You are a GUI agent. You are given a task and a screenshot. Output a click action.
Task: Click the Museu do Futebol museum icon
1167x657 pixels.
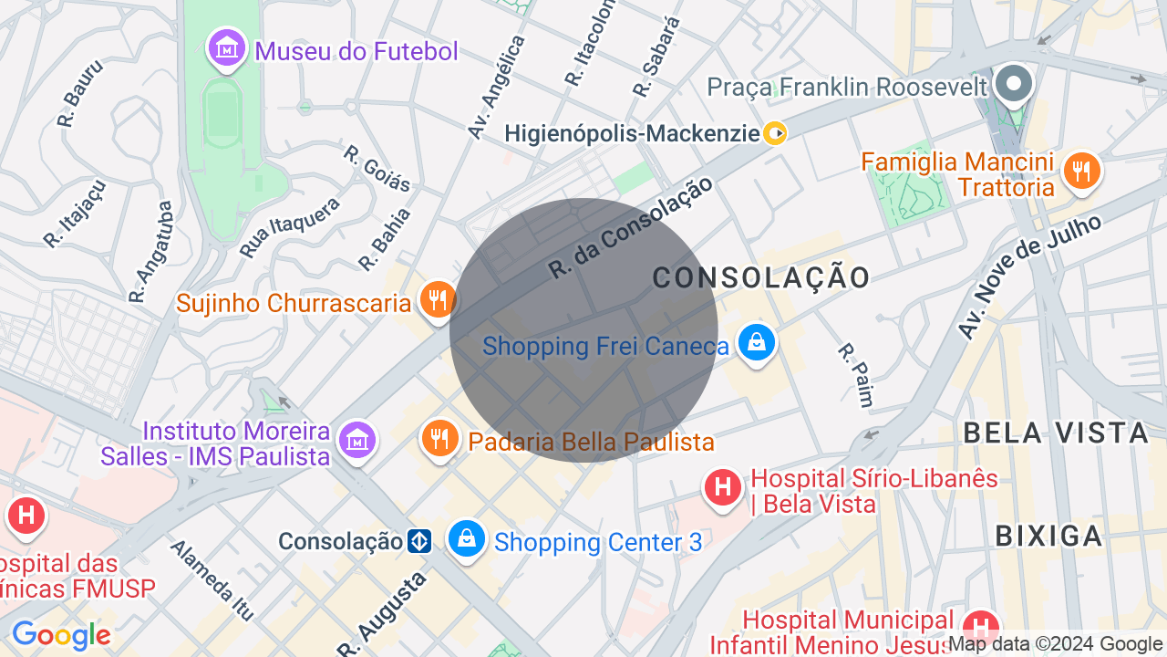click(227, 48)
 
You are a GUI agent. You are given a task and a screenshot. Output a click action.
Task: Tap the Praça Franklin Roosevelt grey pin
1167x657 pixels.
click(1013, 84)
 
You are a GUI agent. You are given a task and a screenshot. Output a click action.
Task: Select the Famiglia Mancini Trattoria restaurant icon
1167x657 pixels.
click(1081, 171)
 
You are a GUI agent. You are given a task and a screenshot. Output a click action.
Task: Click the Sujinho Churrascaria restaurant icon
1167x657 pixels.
click(439, 299)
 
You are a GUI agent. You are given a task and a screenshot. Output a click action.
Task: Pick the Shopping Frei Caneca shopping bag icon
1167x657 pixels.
click(756, 343)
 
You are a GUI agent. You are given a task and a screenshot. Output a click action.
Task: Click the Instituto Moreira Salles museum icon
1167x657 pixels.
click(357, 441)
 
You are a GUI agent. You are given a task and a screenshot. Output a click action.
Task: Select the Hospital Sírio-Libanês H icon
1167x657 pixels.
click(723, 486)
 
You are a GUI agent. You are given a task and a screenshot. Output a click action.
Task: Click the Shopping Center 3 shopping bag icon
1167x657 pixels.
click(467, 539)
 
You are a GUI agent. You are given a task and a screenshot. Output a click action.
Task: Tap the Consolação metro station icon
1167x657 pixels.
click(419, 541)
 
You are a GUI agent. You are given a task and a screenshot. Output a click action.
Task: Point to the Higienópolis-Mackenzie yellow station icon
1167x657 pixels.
click(775, 134)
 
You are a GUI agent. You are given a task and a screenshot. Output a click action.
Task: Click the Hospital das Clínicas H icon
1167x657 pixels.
click(26, 516)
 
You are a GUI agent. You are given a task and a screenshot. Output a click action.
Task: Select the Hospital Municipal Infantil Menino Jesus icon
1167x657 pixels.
click(981, 627)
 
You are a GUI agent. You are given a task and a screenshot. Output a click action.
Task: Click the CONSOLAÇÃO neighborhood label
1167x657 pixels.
click(761, 277)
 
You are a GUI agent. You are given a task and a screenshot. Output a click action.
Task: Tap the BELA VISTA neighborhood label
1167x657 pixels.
click(1055, 433)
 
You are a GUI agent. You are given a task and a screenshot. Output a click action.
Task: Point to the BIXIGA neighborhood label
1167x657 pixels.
click(1048, 536)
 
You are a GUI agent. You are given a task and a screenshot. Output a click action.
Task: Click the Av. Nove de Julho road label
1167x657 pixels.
click(1029, 276)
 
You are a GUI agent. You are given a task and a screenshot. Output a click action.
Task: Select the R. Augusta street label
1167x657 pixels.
click(382, 614)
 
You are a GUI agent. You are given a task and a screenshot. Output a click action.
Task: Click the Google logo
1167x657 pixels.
click(61, 636)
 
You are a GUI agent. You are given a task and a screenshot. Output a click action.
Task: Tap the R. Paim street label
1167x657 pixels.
click(856, 374)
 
